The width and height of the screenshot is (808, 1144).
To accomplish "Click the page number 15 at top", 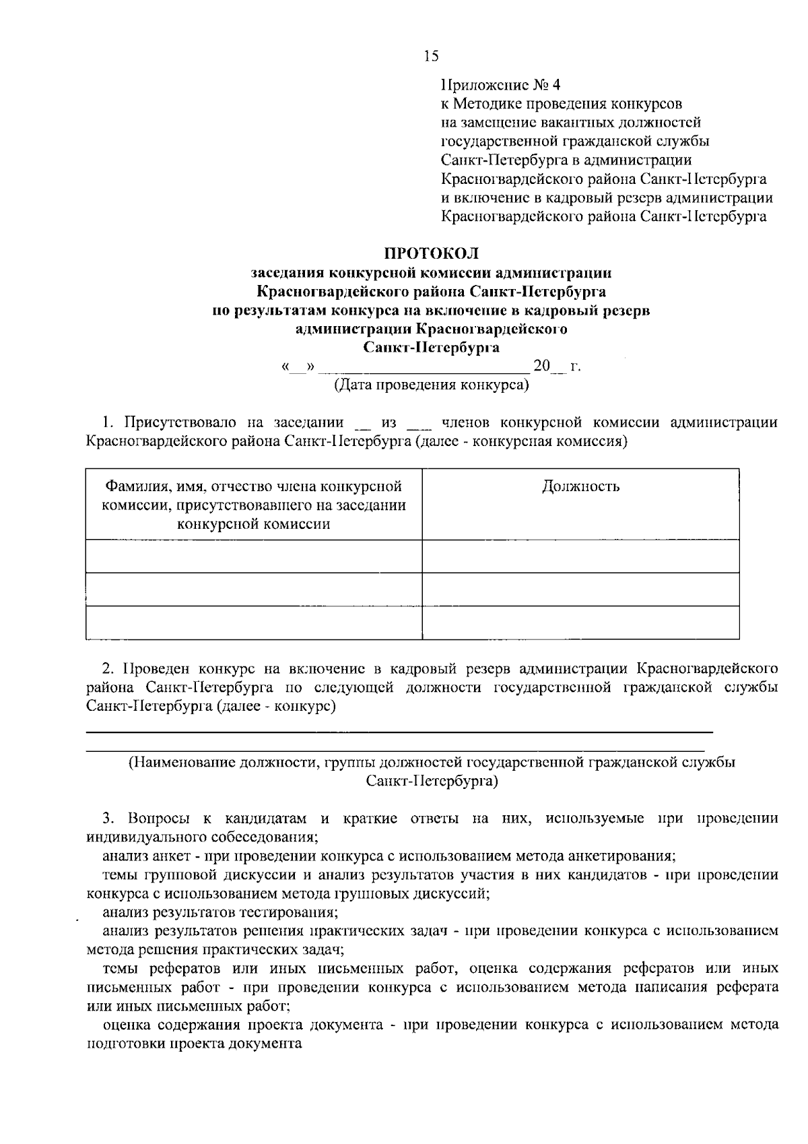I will [431, 56].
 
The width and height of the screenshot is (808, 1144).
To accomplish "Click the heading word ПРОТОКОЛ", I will [431, 253].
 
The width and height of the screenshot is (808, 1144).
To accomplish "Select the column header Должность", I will [580, 486].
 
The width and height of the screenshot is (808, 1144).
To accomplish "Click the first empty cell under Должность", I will [580, 557].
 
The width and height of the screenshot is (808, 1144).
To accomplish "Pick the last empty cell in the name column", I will [254, 623].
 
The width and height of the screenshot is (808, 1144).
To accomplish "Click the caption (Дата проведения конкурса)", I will [432, 385].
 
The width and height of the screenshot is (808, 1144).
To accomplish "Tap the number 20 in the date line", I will [541, 367].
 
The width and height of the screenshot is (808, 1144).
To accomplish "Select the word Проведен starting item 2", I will [152, 668].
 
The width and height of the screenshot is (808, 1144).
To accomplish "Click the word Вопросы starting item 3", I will [156, 819].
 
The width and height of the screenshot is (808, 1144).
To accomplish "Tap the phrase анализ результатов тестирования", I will [220, 912].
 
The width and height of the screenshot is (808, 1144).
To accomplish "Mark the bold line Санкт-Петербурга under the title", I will [431, 348].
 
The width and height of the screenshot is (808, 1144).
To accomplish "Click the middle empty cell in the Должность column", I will [580, 590].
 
